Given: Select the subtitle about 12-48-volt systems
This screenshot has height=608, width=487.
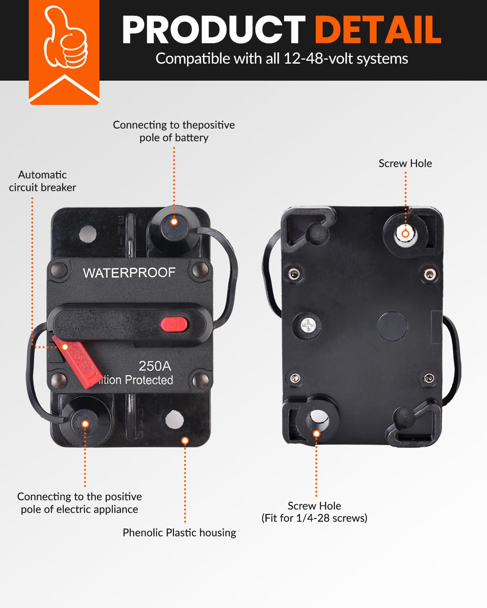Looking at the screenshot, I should pyautogui.click(x=282, y=59).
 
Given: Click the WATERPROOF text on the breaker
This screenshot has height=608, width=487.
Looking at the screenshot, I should pyautogui.click(x=129, y=273).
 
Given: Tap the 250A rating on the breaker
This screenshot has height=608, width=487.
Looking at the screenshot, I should pyautogui.click(x=155, y=366).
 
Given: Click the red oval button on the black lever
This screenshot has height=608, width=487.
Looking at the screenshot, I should pyautogui.click(x=174, y=324).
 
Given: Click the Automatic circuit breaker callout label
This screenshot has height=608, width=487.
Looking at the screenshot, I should pyautogui.click(x=42, y=181).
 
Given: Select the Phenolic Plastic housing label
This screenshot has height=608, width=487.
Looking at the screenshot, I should pyautogui.click(x=179, y=533).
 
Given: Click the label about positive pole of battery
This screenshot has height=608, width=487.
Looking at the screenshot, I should pyautogui.click(x=174, y=131).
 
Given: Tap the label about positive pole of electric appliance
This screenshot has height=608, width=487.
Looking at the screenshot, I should pyautogui.click(x=80, y=503).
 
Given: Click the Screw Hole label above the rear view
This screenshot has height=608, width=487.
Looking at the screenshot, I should pyautogui.click(x=405, y=163).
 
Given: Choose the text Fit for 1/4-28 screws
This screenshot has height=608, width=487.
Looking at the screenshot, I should pyautogui.click(x=314, y=518).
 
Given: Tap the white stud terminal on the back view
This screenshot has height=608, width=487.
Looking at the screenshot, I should pyautogui.click(x=405, y=234).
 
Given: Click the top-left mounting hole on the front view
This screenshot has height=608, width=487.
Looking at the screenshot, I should pyautogui.click(x=88, y=233).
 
